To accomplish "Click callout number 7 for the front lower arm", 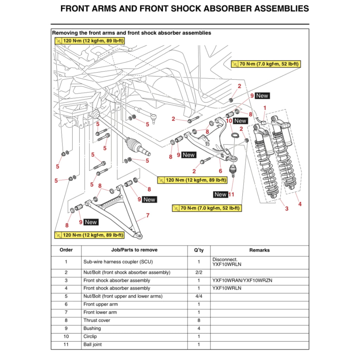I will pos(148,215).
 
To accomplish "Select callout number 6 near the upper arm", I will pos(220,171).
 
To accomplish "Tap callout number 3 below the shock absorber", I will pos(287,209).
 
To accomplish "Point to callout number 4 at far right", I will pos(300,204).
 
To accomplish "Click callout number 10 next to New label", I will pos(229,121).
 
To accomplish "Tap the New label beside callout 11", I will pos(220,194).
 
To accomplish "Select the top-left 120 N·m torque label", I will pos(90,41).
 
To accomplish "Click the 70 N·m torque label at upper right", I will pos(266,64).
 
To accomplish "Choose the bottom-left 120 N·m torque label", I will pos(90,235).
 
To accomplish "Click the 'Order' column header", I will pos(66,250).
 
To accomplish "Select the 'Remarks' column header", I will pos(259,250).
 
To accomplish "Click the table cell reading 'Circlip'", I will pos(90,336).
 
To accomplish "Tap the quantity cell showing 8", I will pos(199,320).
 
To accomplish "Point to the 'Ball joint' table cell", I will pos(92,345).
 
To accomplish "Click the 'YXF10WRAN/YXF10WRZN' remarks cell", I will pos(242,281).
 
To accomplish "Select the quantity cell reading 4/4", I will pos(199,296).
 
